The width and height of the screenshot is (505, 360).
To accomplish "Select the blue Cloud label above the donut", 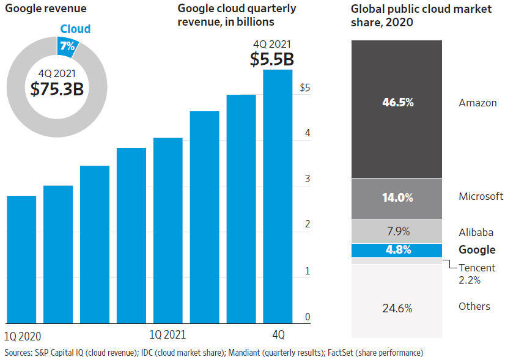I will point(75,29).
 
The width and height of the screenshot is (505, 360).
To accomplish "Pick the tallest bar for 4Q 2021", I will point(278,196).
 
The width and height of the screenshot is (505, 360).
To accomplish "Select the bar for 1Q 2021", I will point(168,230).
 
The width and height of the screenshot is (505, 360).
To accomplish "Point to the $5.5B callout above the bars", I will point(272,59).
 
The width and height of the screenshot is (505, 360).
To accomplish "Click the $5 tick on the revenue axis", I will point(305,88).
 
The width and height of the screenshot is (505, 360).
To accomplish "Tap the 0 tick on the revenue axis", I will point(308,317).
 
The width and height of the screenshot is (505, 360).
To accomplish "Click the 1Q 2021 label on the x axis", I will point(168,334).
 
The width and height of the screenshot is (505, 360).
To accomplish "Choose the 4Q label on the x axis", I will point(278,334).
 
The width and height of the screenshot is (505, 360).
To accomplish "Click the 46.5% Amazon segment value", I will point(397,103).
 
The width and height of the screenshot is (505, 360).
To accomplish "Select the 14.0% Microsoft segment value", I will point(397,198).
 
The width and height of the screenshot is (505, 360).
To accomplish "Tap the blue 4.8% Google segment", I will point(397,250).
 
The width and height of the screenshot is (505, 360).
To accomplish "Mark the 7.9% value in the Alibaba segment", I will point(397,231).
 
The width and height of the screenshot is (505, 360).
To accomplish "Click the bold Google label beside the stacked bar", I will point(477,250).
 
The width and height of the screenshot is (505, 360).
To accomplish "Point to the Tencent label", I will point(477,268).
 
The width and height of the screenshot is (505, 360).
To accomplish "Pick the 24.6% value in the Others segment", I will point(397,308).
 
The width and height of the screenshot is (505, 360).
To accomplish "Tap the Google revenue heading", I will point(46,9).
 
